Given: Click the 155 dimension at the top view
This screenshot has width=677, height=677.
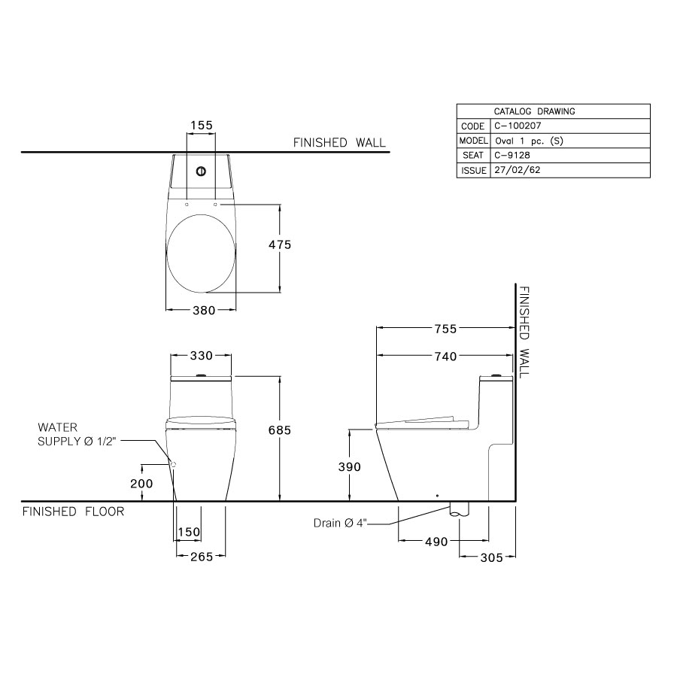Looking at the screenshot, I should point(201,125).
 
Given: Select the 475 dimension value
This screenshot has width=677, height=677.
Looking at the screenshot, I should point(280,244).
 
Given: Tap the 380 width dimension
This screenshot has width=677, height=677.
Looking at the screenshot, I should point(201,309).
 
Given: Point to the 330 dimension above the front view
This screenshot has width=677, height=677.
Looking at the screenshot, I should point(201,356).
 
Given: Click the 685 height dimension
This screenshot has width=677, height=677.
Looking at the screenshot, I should point(279,430).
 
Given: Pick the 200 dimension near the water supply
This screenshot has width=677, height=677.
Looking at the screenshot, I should point(141,484).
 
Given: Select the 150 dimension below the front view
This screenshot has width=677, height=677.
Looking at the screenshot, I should point(189,533).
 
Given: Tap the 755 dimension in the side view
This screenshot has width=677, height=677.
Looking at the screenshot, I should point(447,329).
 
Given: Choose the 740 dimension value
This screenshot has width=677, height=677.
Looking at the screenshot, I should point(447,357).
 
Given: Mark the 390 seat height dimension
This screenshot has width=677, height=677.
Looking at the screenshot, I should point(349,466).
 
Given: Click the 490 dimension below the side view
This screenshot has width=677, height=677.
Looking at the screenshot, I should point(436,542).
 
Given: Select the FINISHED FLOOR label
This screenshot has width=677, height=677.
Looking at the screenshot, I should point(73,512).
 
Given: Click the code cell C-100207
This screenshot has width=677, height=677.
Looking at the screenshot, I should point(521,126).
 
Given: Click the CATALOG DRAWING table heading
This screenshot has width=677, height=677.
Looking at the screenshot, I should point(534,111).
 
